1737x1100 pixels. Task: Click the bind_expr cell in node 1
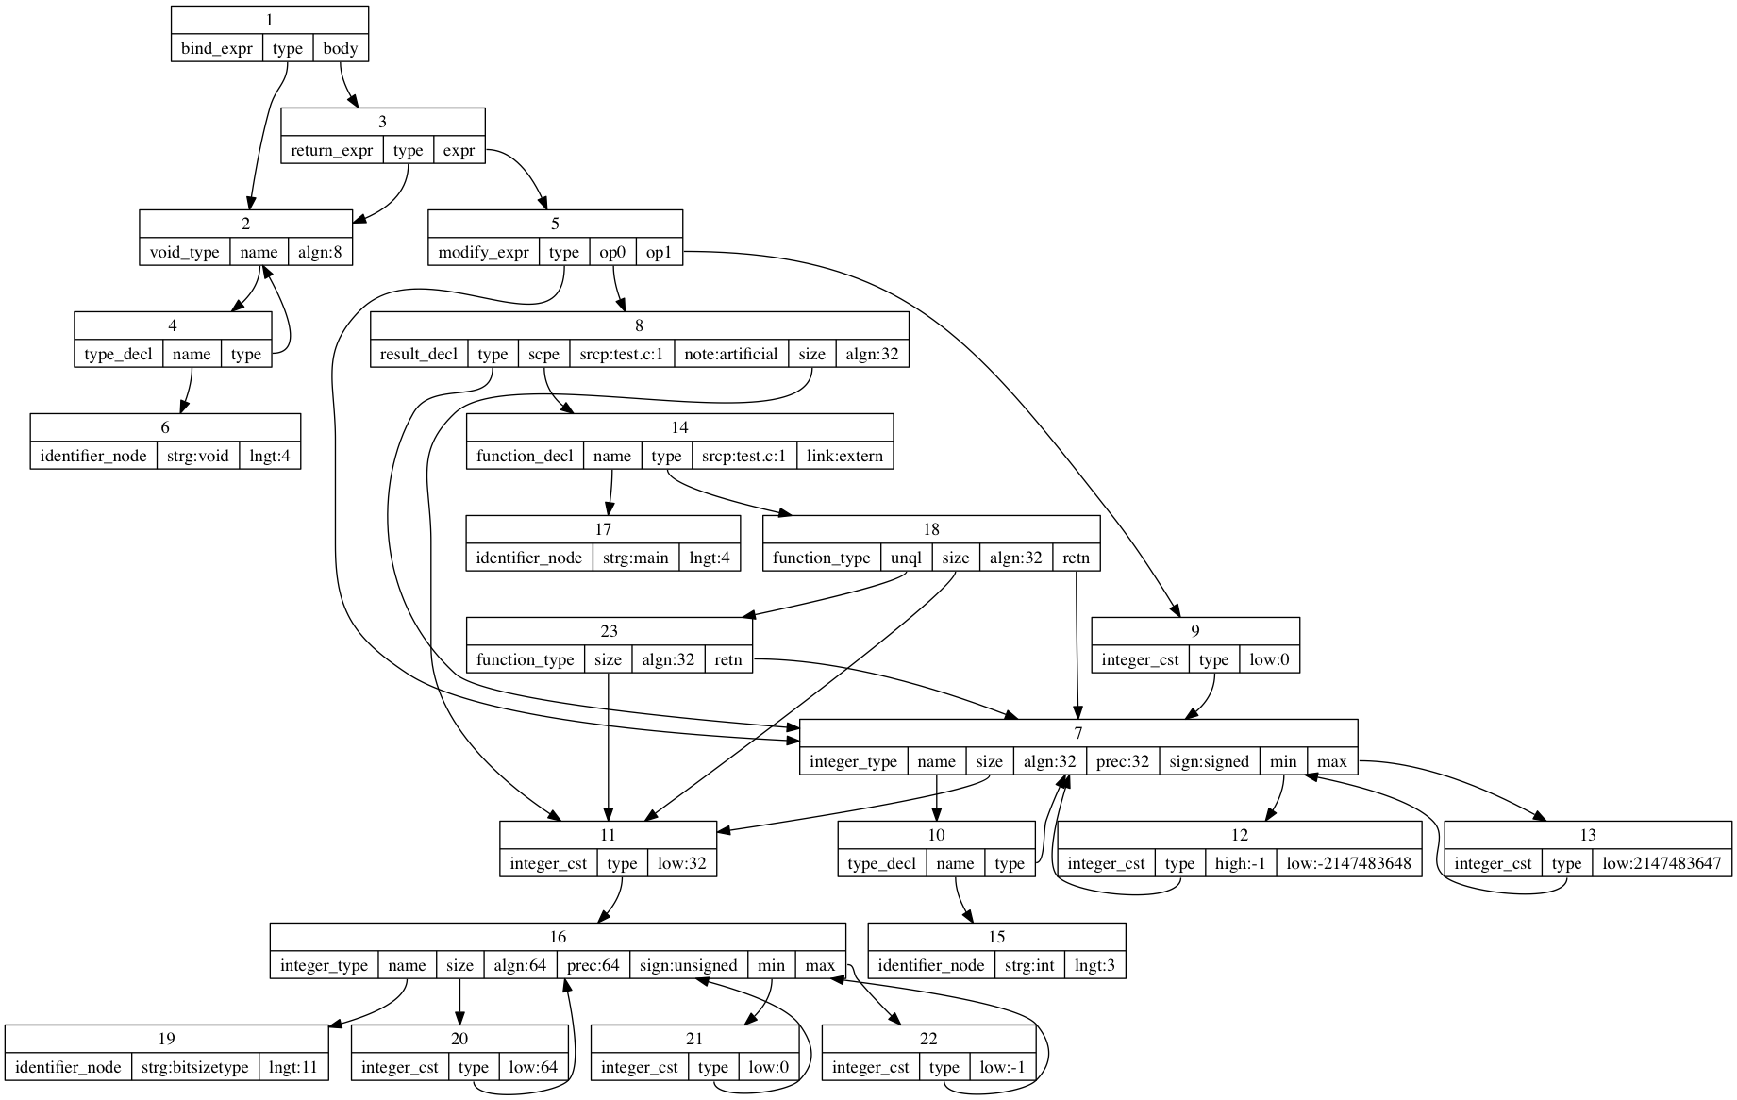click(216, 48)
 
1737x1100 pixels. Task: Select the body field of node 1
click(340, 48)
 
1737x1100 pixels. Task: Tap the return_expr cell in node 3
click(331, 150)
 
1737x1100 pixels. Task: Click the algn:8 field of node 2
click(320, 252)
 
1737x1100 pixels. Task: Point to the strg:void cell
click(198, 456)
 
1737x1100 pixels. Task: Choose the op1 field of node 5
click(659, 252)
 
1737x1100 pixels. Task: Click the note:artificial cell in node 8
click(731, 354)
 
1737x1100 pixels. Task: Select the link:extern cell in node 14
click(844, 456)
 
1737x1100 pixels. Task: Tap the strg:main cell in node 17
click(636, 558)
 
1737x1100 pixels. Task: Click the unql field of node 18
click(906, 558)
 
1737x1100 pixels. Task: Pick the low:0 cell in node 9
click(1269, 659)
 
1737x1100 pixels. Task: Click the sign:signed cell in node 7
click(1209, 761)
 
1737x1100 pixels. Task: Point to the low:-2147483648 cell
click(1348, 863)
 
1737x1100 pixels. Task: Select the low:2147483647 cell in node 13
click(1661, 863)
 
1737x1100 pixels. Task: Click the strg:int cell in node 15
click(1029, 965)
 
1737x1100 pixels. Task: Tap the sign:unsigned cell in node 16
click(688, 965)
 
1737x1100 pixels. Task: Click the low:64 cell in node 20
click(533, 1067)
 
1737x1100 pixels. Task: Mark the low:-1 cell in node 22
click(1002, 1067)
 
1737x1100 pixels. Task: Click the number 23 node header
click(609, 631)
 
